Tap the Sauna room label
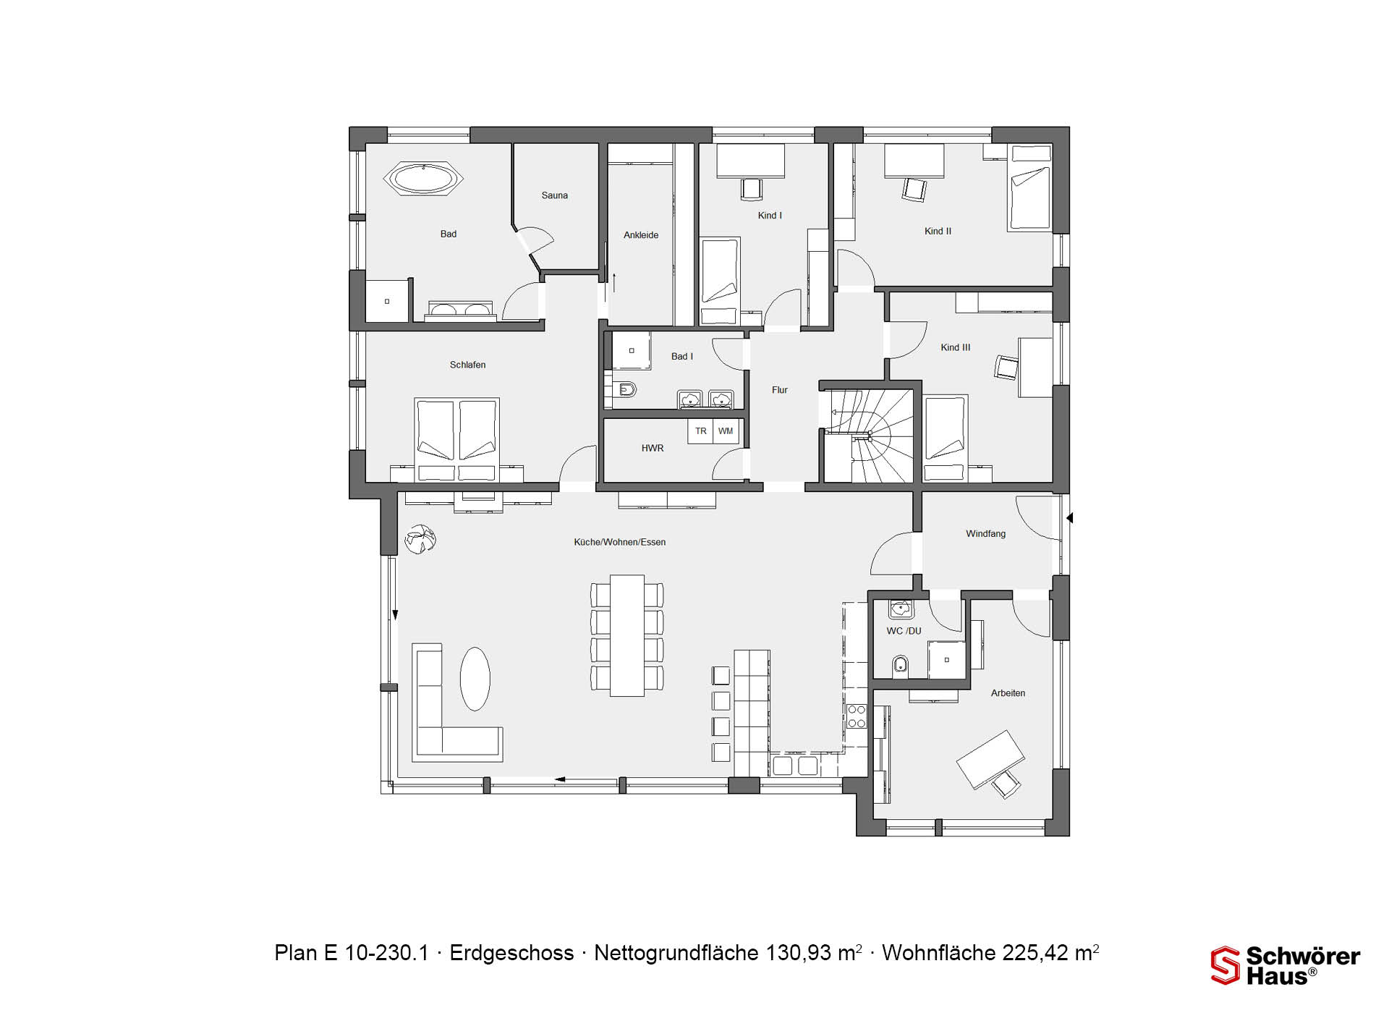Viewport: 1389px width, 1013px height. coord(555,195)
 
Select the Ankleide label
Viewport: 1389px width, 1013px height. coord(641,235)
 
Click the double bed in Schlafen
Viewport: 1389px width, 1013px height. coord(457,440)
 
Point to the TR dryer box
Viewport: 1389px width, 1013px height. coord(700,431)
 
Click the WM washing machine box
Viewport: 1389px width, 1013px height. coord(726,431)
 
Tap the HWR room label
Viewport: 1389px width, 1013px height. coord(653,449)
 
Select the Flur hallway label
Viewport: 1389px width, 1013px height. coord(779,390)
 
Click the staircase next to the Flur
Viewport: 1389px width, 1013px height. coord(868,436)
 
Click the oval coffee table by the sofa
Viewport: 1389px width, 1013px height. coord(475,679)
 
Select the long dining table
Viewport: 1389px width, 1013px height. coord(627,635)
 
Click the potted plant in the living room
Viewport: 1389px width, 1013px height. coord(420,541)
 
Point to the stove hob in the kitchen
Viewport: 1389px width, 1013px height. coord(857,716)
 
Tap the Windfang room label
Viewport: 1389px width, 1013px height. coord(986,534)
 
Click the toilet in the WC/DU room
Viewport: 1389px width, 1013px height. coord(901,664)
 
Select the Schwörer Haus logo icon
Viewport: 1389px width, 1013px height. coord(1225,966)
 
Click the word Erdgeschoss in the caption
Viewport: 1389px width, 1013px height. coord(511,953)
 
